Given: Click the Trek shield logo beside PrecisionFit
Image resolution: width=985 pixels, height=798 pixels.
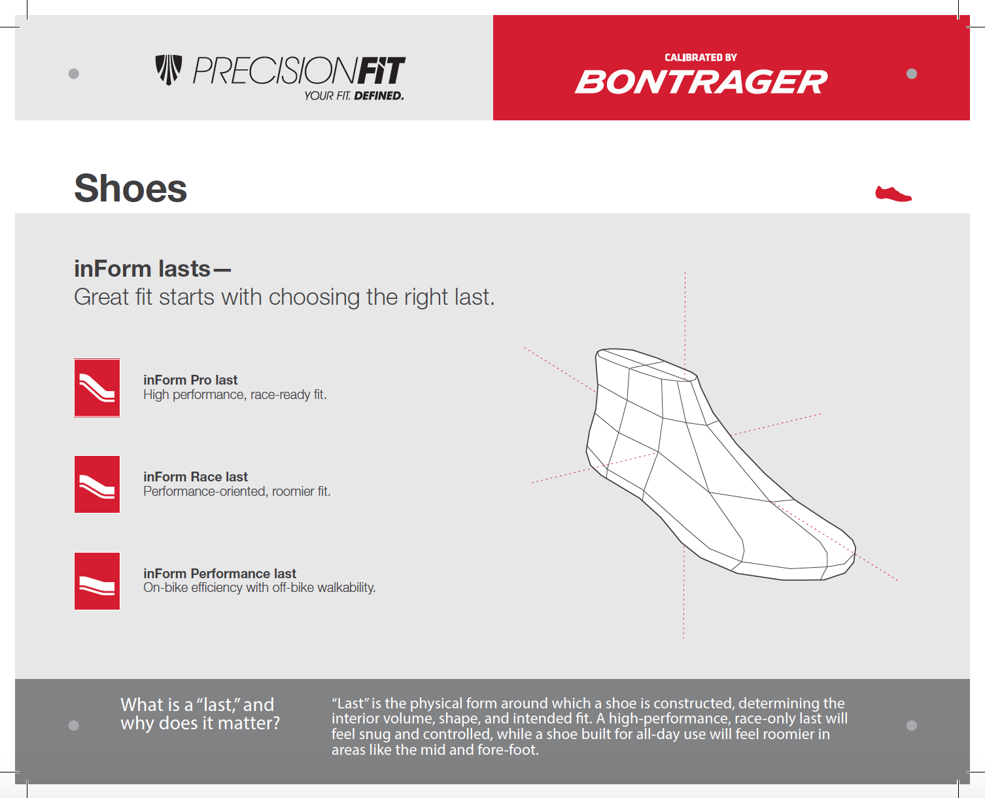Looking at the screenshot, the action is (x=169, y=70).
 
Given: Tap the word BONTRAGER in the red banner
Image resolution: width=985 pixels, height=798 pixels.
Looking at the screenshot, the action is (x=701, y=82).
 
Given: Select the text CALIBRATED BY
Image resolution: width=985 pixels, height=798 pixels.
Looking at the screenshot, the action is (x=700, y=58).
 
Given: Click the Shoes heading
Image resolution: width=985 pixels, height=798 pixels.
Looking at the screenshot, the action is (x=130, y=188).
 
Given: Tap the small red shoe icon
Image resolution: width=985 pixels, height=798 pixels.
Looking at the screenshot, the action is (x=893, y=194).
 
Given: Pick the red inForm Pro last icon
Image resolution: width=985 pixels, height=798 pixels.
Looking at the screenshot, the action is (x=97, y=388).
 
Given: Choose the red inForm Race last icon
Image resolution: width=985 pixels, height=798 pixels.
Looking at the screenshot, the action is (x=97, y=484).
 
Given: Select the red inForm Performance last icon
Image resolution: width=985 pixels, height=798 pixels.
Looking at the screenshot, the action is (x=97, y=581).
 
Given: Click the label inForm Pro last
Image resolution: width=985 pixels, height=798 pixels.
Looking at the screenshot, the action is (x=190, y=380).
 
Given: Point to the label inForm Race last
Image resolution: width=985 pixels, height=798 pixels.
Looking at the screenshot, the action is (x=196, y=477).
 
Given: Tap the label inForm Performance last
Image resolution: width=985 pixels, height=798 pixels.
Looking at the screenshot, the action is (x=220, y=573).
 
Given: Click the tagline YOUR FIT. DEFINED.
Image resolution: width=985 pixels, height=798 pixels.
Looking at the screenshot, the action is (x=354, y=95).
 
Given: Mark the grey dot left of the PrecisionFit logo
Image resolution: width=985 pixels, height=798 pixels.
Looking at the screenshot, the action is (x=73, y=73).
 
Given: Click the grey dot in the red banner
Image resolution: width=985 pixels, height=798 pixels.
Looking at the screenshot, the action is (x=912, y=74).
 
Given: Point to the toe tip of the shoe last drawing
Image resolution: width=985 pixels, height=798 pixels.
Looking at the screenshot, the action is (x=854, y=550).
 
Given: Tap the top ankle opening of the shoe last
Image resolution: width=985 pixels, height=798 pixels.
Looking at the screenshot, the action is (x=646, y=364).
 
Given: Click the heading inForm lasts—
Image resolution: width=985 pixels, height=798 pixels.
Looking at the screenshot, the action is (x=152, y=269).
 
